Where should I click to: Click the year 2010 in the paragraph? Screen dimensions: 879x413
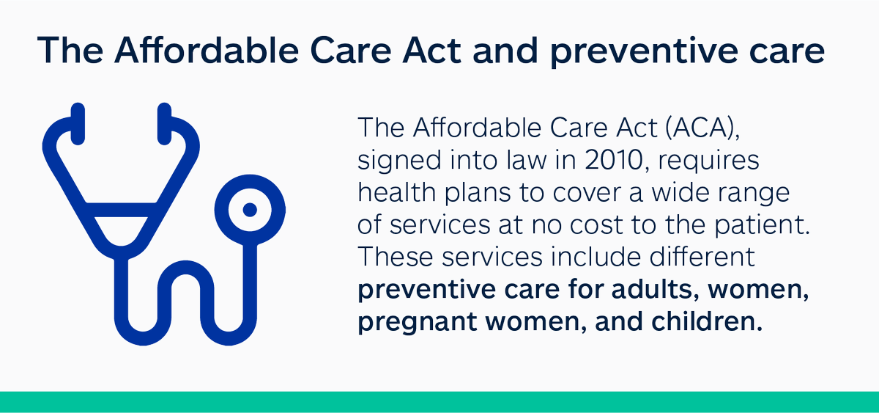pos(614,160)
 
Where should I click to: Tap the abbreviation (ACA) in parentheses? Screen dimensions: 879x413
pos(702,128)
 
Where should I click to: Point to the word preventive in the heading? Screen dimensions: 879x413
pos(644,51)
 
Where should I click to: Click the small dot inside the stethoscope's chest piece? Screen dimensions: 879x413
pos(250,210)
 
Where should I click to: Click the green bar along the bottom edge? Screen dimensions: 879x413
pos(439,401)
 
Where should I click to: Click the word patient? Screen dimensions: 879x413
pos(762,225)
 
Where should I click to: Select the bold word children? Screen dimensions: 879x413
pos(707,321)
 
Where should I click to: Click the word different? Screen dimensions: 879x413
pos(702,257)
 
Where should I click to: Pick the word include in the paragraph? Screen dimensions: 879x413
pos(596,257)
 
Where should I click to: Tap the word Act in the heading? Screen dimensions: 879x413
pos(431,51)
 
